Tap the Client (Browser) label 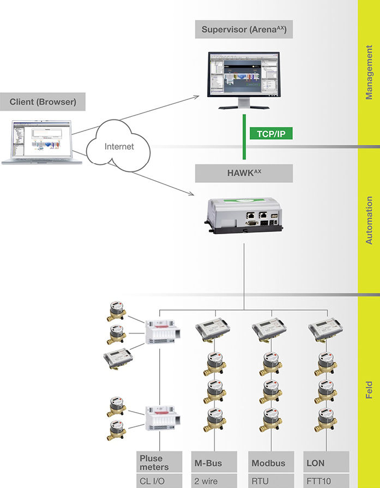tap(43, 102)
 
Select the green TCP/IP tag tap(270, 133)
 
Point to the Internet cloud tap(119, 146)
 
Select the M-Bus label tap(208, 463)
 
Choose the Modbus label tap(268, 463)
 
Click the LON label tap(316, 463)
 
